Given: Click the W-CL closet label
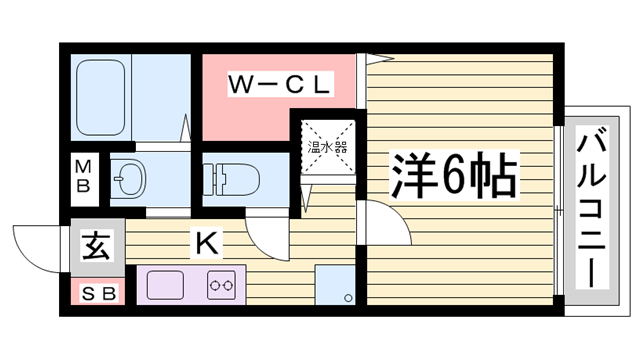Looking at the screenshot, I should pyautogui.click(x=278, y=86).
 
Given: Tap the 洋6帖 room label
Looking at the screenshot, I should pyautogui.click(x=453, y=176).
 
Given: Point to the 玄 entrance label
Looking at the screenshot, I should pyautogui.click(x=97, y=243).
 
